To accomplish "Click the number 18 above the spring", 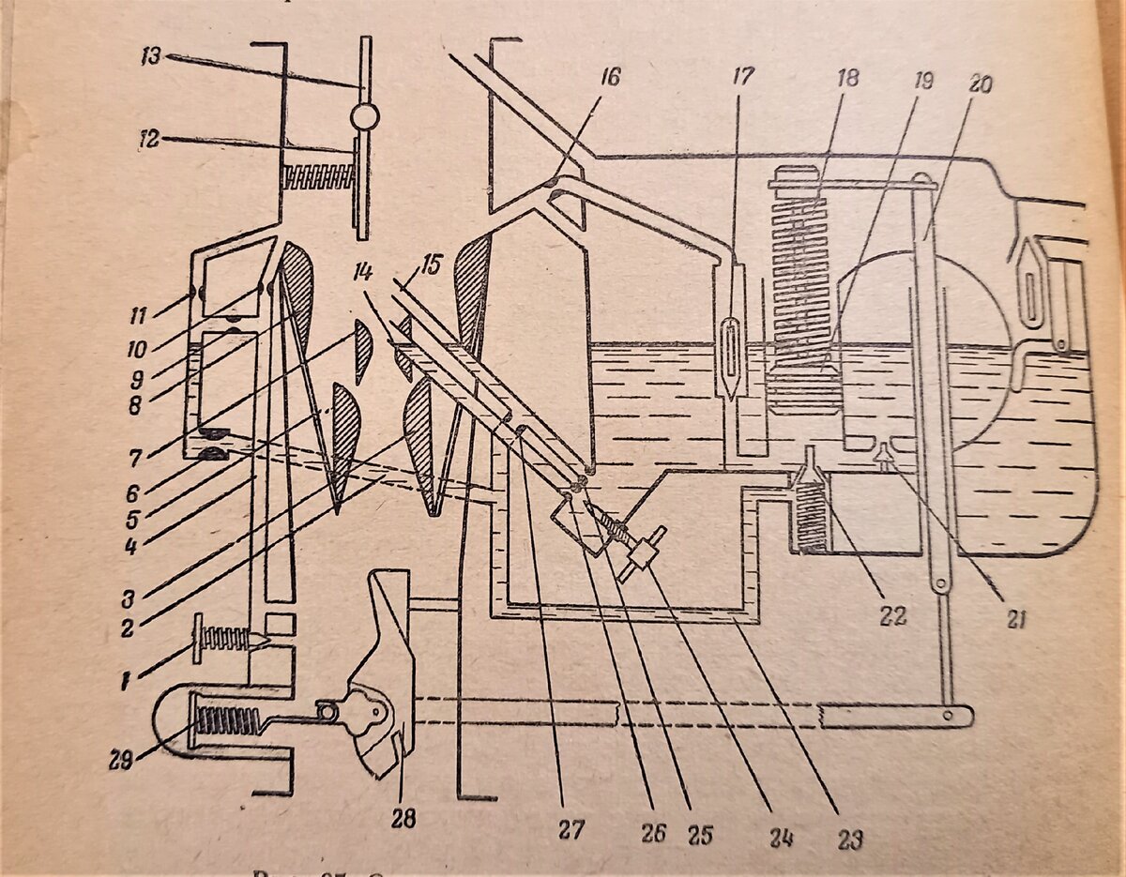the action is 846,78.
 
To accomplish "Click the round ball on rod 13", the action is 363,117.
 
